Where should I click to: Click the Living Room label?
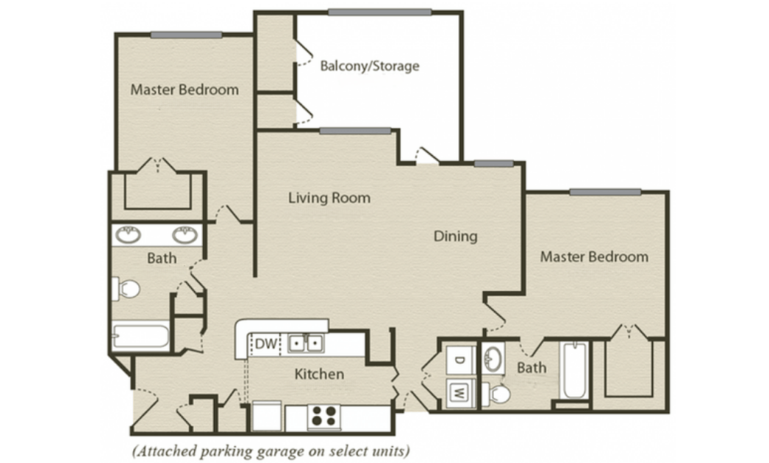pos(329,198)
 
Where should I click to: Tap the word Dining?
pos(456,237)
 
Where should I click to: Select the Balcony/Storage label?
pos(370,65)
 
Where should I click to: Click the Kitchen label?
pos(319,374)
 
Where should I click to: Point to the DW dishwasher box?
pos(265,343)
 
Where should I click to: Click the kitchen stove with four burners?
pos(324,417)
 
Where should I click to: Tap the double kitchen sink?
pos(306,342)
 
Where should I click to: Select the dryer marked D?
pos(459,361)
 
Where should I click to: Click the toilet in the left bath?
pos(126,289)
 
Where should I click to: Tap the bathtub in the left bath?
pos(140,336)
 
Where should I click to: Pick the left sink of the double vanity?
pos(129,235)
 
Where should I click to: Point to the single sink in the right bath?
pos(493,359)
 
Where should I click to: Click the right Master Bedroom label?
pos(595,256)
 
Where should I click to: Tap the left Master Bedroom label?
pos(185,90)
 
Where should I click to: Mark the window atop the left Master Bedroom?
pos(186,35)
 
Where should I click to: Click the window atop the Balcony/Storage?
pos(379,12)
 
